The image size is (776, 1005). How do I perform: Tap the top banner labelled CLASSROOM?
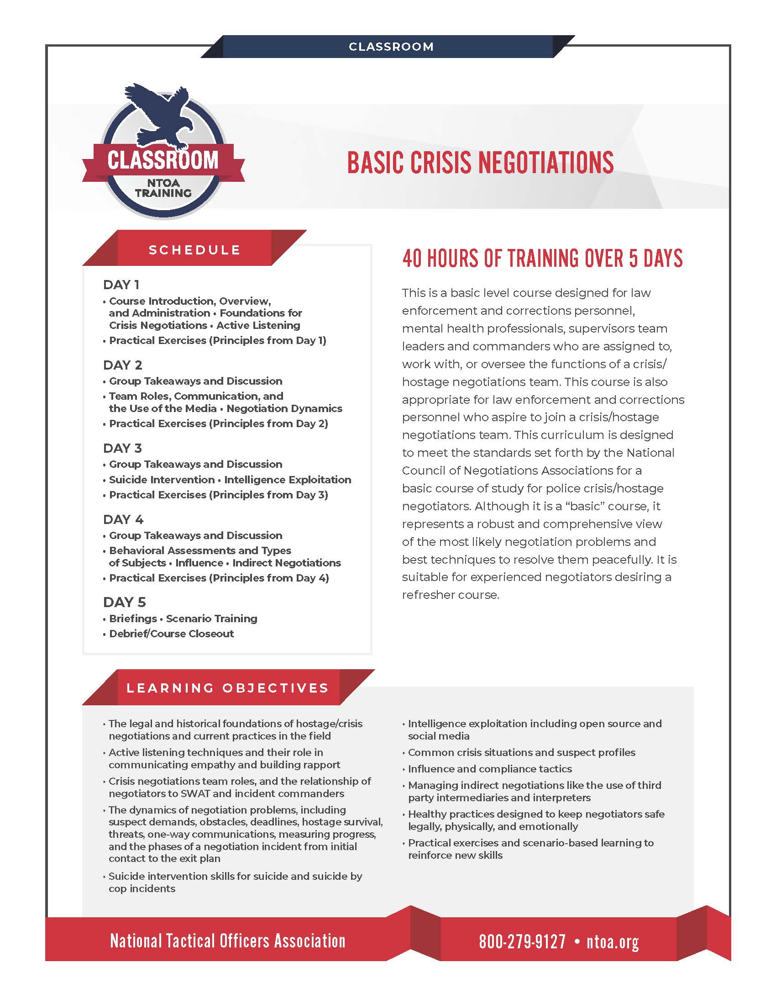391,47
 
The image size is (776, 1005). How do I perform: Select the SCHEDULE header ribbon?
194,250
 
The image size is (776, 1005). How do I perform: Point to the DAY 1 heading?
121,285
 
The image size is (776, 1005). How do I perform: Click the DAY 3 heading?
122,448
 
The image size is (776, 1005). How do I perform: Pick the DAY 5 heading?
124,602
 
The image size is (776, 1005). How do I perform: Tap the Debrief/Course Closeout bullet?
171,634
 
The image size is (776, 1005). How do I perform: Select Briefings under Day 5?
133,619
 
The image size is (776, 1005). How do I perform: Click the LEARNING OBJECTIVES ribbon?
228,688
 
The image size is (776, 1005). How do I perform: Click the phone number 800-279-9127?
522,942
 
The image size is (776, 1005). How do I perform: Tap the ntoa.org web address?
612,942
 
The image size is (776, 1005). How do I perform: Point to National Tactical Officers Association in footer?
228,941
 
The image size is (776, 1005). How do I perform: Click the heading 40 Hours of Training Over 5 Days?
542,258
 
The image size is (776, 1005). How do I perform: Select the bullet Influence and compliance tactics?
490,769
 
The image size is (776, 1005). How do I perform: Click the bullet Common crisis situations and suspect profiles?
522,752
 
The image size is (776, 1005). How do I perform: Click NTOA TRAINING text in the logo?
163,188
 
